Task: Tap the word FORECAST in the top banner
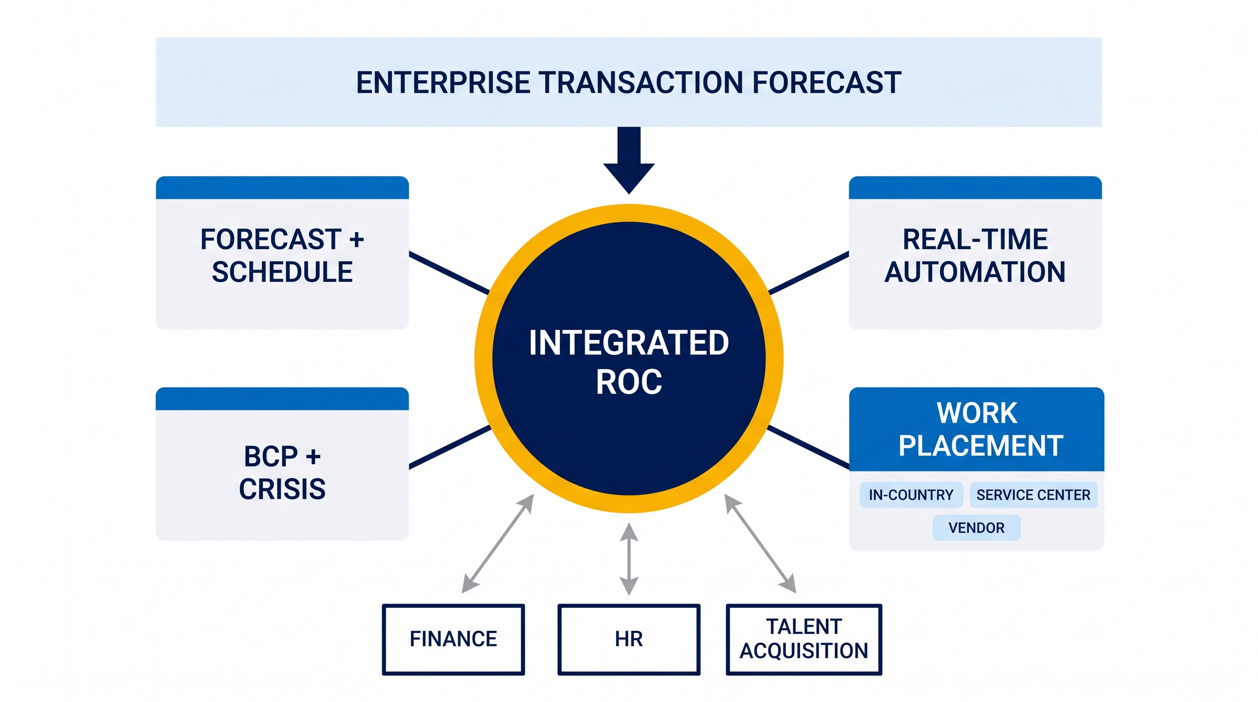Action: [x=826, y=83]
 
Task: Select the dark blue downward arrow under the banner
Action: [x=629, y=160]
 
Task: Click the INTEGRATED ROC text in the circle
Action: [x=629, y=362]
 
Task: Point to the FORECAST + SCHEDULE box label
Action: [x=282, y=255]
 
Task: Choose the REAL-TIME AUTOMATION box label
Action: [x=975, y=255]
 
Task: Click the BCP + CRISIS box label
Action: [x=282, y=473]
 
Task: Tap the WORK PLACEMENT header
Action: [x=977, y=429]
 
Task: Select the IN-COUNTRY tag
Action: [x=911, y=495]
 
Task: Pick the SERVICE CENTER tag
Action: [x=1034, y=495]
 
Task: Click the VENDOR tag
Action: [x=977, y=528]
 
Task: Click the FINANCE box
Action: [x=453, y=639]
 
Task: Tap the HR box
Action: [x=629, y=639]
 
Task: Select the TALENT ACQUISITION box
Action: [x=804, y=639]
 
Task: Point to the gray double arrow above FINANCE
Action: [x=498, y=543]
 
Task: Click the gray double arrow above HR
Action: [x=629, y=559]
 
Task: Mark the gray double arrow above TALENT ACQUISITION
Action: [x=760, y=543]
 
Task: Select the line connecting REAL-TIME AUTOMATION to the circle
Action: [x=809, y=273]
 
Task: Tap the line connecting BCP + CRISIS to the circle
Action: [x=450, y=447]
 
